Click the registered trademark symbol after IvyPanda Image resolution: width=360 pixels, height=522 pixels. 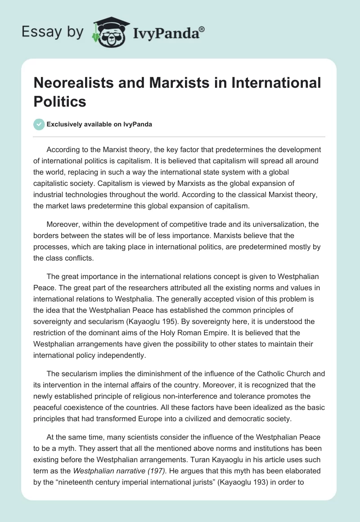click(202, 29)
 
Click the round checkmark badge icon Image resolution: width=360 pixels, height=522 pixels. click(39, 124)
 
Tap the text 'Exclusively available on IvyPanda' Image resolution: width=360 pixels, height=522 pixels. click(99, 125)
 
